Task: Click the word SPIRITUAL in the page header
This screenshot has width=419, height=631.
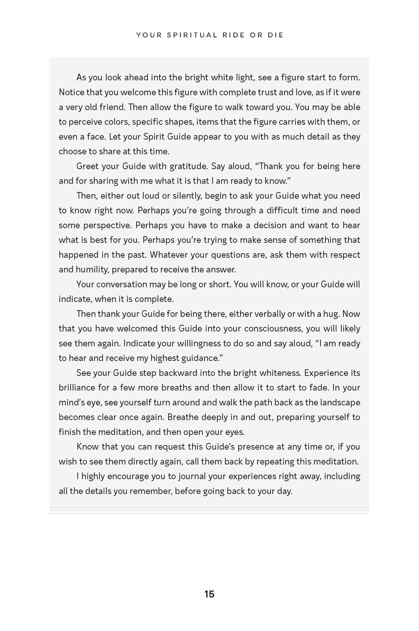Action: tap(192, 35)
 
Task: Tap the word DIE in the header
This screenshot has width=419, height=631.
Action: tap(276, 35)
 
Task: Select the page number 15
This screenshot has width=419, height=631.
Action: tap(209, 594)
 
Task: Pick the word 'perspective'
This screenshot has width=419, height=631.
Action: tap(107, 225)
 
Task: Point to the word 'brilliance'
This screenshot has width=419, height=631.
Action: tap(77, 388)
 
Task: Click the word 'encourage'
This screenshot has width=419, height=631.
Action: tap(128, 476)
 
